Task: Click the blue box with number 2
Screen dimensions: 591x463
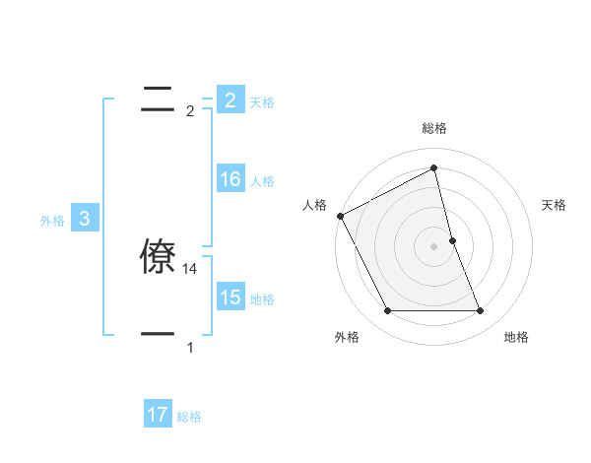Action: tap(230, 100)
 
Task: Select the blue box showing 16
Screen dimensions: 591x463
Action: tap(230, 179)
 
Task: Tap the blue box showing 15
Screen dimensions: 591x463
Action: tap(230, 298)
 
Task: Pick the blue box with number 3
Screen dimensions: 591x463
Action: tap(85, 220)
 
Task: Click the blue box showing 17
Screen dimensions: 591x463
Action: tap(158, 416)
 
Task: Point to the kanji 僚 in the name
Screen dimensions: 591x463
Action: tap(160, 257)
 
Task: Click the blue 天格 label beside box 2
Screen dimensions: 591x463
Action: tap(262, 101)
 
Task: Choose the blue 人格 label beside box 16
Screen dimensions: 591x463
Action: tap(262, 180)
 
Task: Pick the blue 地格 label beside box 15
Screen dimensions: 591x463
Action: tap(262, 298)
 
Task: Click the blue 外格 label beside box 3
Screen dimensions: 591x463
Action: tap(52, 221)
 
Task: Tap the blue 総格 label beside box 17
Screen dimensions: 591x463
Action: tap(189, 417)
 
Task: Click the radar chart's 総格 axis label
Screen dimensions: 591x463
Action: tap(434, 128)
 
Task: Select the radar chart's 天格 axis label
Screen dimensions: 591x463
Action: tap(555, 205)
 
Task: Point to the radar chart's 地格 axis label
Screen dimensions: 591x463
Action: tap(516, 337)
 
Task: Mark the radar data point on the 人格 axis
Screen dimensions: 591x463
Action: tap(340, 216)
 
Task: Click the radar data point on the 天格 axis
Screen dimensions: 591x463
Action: tap(452, 240)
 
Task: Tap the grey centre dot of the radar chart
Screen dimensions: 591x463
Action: tap(434, 246)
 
